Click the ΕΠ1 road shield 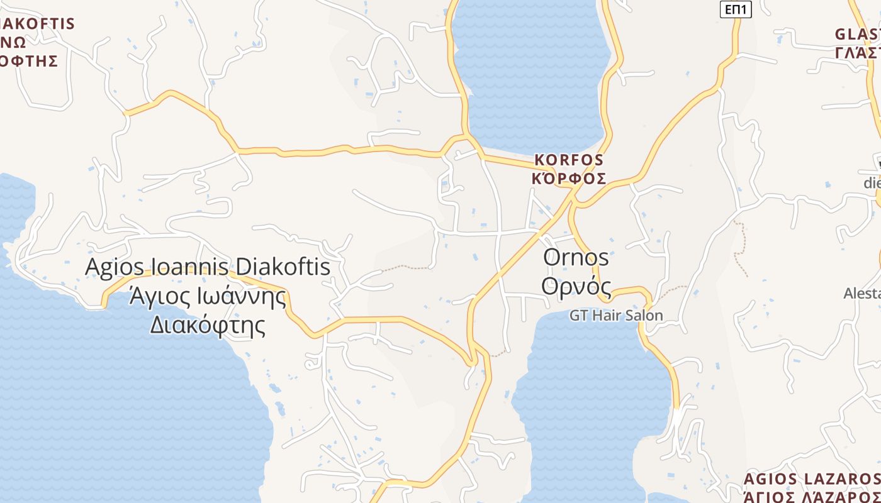pos(736,9)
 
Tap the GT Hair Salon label pos(616,315)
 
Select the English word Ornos pos(576,257)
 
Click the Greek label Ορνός pos(576,285)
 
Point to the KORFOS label pos(569,160)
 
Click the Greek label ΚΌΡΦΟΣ pos(569,179)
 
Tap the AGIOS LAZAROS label pos(812,479)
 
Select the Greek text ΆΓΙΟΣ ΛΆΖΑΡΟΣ pos(812,497)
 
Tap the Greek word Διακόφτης pos(207,325)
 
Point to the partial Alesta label pos(862,293)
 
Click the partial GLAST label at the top pos(857,34)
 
